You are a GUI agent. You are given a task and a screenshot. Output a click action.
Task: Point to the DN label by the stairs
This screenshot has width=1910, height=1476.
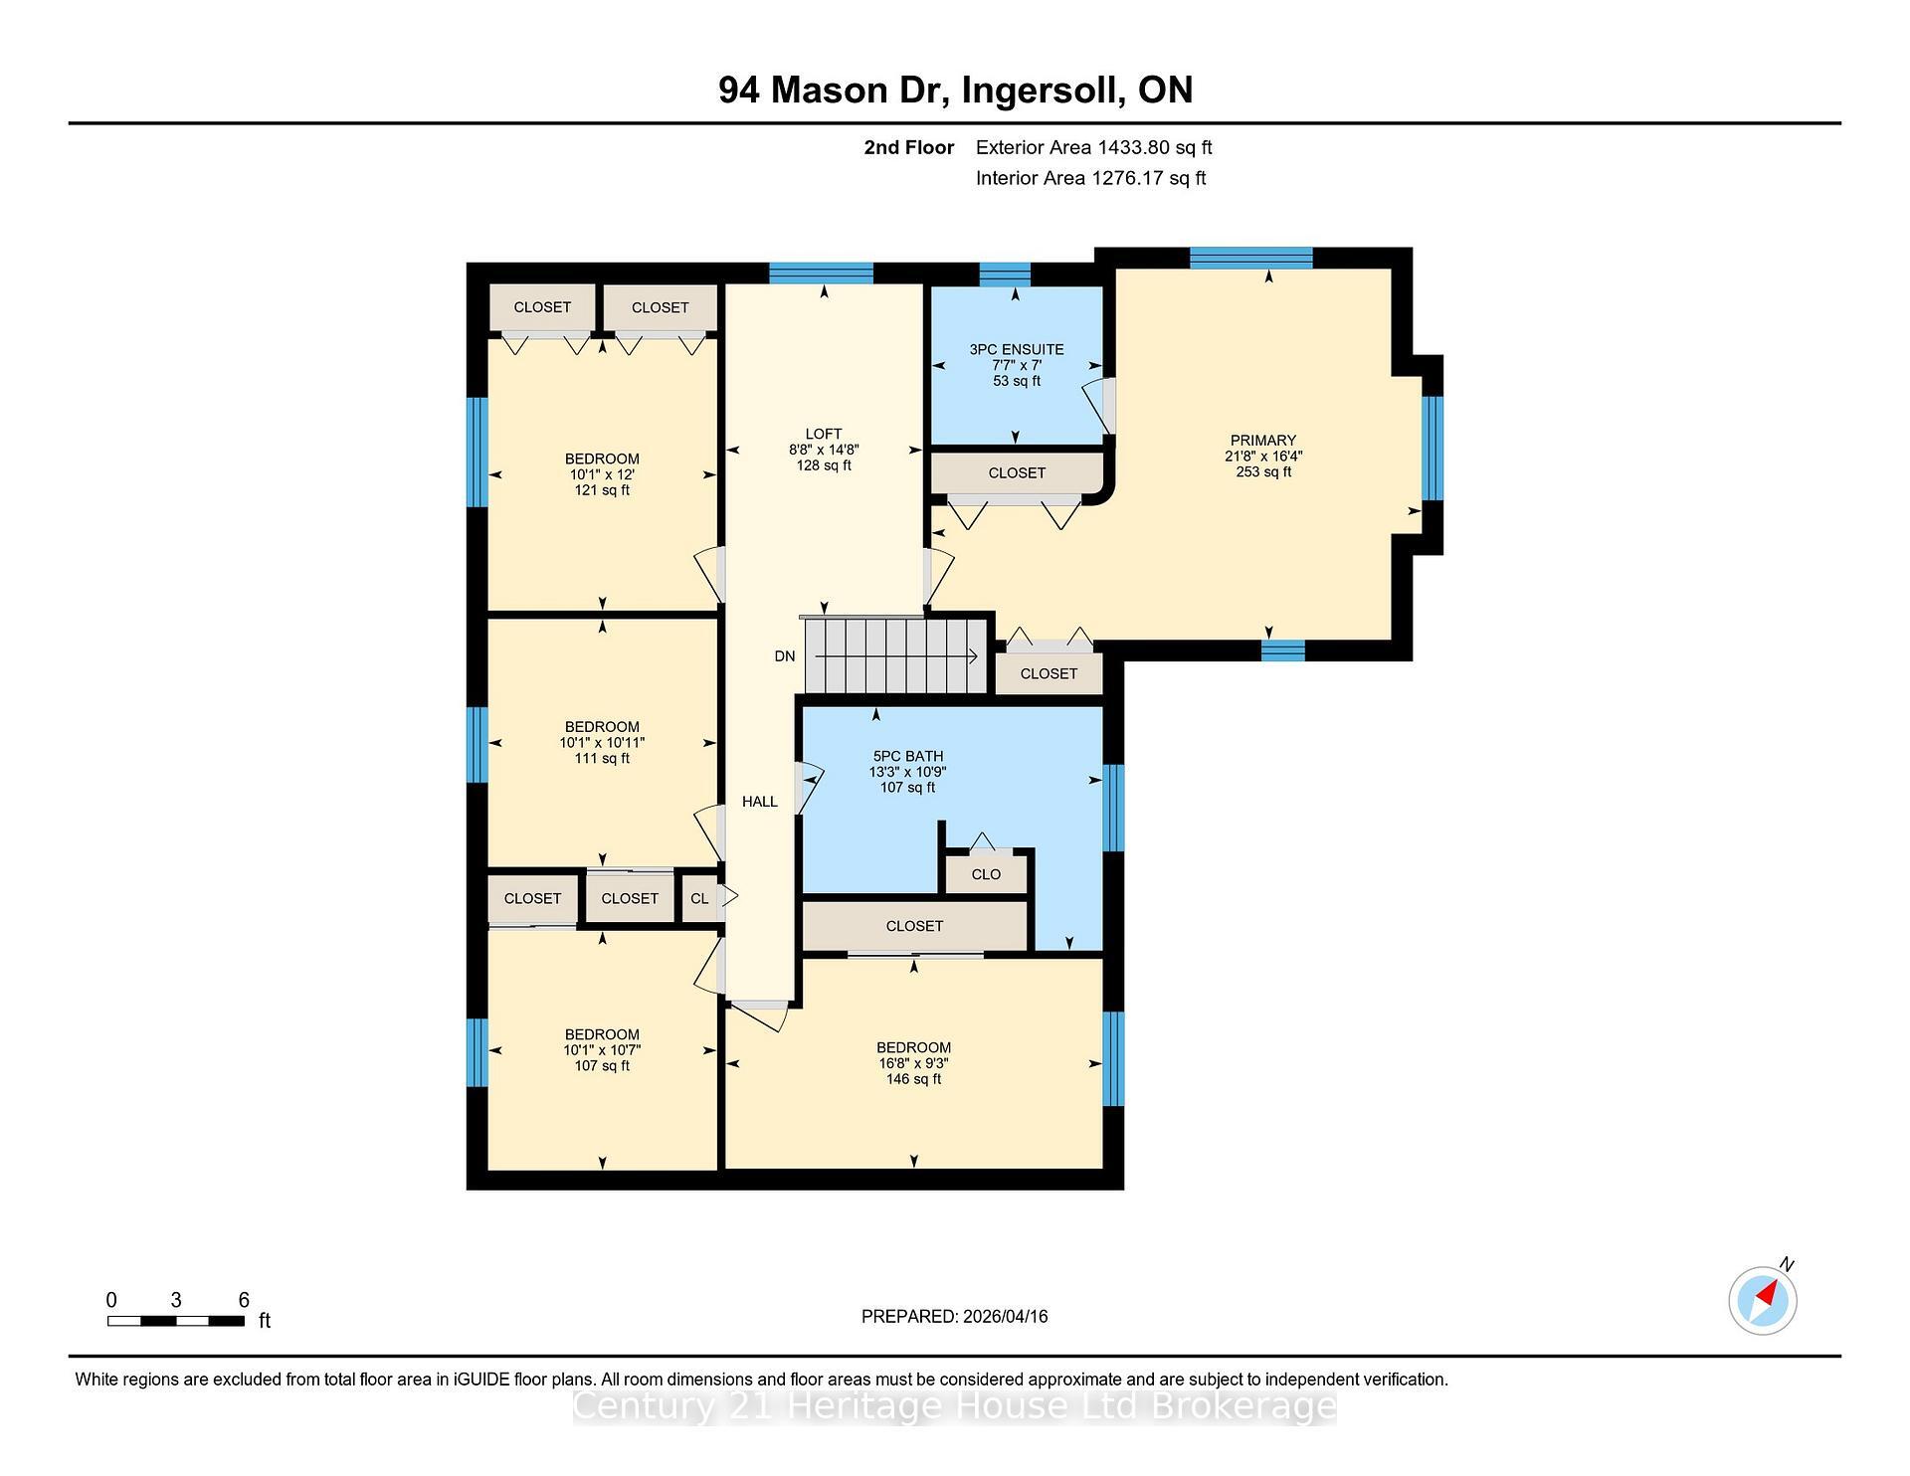coord(785,656)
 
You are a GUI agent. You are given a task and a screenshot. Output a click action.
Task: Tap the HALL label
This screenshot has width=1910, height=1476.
coord(759,802)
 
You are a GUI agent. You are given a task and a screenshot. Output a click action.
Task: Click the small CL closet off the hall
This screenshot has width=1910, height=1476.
coord(699,898)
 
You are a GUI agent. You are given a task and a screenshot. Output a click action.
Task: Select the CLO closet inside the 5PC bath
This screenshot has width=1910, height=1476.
coord(986,874)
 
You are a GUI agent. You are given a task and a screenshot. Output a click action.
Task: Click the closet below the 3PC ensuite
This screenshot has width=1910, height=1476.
coord(1017,473)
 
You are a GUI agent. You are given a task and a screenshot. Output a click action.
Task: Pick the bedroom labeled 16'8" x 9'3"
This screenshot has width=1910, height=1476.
coord(913,1062)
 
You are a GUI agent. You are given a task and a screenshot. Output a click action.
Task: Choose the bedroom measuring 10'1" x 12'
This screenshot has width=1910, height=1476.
coord(602,474)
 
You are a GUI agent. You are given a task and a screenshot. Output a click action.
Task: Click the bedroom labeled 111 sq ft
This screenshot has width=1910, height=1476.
coord(602,742)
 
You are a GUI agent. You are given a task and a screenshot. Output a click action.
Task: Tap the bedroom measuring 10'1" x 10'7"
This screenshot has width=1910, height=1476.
coord(602,1049)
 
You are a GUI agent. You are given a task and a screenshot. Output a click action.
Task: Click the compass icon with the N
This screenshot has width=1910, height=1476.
coord(1763,1300)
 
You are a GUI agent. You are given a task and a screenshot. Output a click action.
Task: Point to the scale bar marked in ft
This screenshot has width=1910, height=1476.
coord(176,1321)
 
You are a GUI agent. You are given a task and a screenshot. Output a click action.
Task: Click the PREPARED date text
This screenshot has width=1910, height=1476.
coord(954,1316)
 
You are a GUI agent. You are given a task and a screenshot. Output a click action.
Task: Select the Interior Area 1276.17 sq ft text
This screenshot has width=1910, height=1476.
coord(1090,178)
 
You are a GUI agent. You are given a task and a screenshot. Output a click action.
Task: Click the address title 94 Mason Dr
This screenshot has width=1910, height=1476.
coord(955,91)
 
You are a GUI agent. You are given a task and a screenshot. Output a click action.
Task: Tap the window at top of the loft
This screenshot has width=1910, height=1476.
coord(821,273)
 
